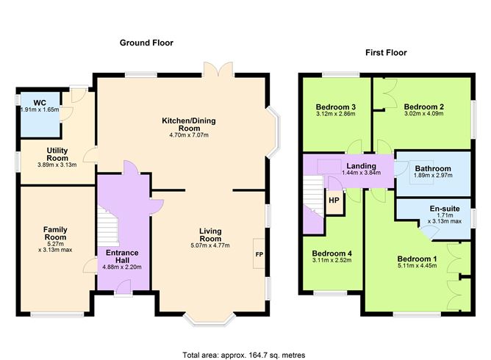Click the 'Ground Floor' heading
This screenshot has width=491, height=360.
pos(146,43)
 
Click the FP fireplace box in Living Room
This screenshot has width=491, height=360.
pos(259,253)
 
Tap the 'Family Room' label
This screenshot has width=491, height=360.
pos(55,234)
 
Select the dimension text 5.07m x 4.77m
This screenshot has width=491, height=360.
pos(210,245)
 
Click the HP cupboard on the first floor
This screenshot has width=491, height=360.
pos(334,201)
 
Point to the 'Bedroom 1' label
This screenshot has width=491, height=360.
pos(417,259)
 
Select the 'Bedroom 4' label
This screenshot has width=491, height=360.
pos(331,253)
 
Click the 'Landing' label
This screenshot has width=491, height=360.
pos(360,166)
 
